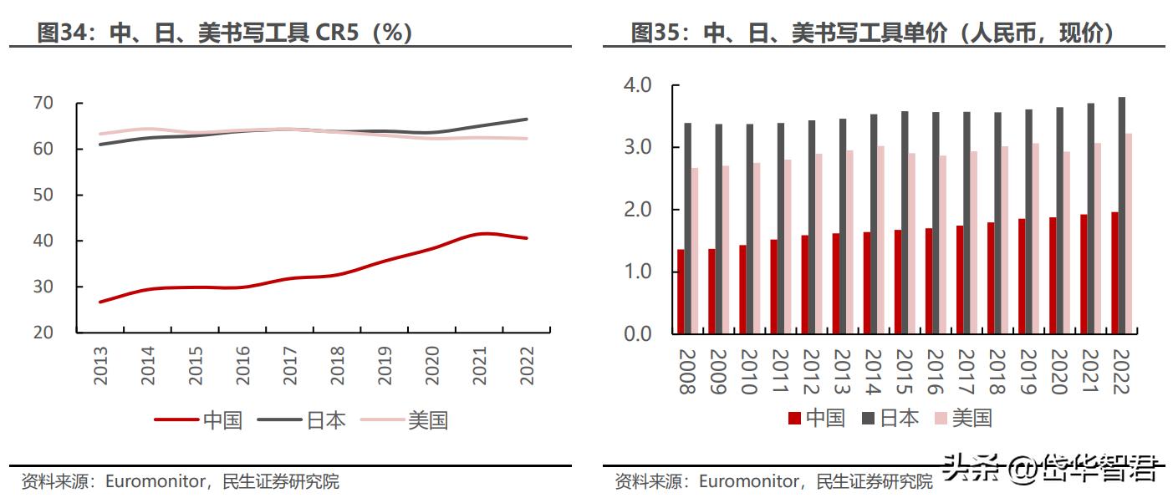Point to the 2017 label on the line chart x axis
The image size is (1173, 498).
pyautogui.click(x=290, y=366)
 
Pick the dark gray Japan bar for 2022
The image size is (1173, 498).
pyautogui.click(x=1121, y=216)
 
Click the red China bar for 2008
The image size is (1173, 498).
pyautogui.click(x=681, y=292)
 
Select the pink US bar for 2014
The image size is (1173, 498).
pyautogui.click(x=880, y=240)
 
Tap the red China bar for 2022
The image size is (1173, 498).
pyautogui.click(x=1114, y=272)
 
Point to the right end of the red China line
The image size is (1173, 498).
pyautogui.click(x=527, y=238)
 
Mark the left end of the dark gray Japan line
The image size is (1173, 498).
pyautogui.click(x=100, y=145)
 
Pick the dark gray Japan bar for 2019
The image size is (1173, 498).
pyautogui.click(x=1028, y=221)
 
